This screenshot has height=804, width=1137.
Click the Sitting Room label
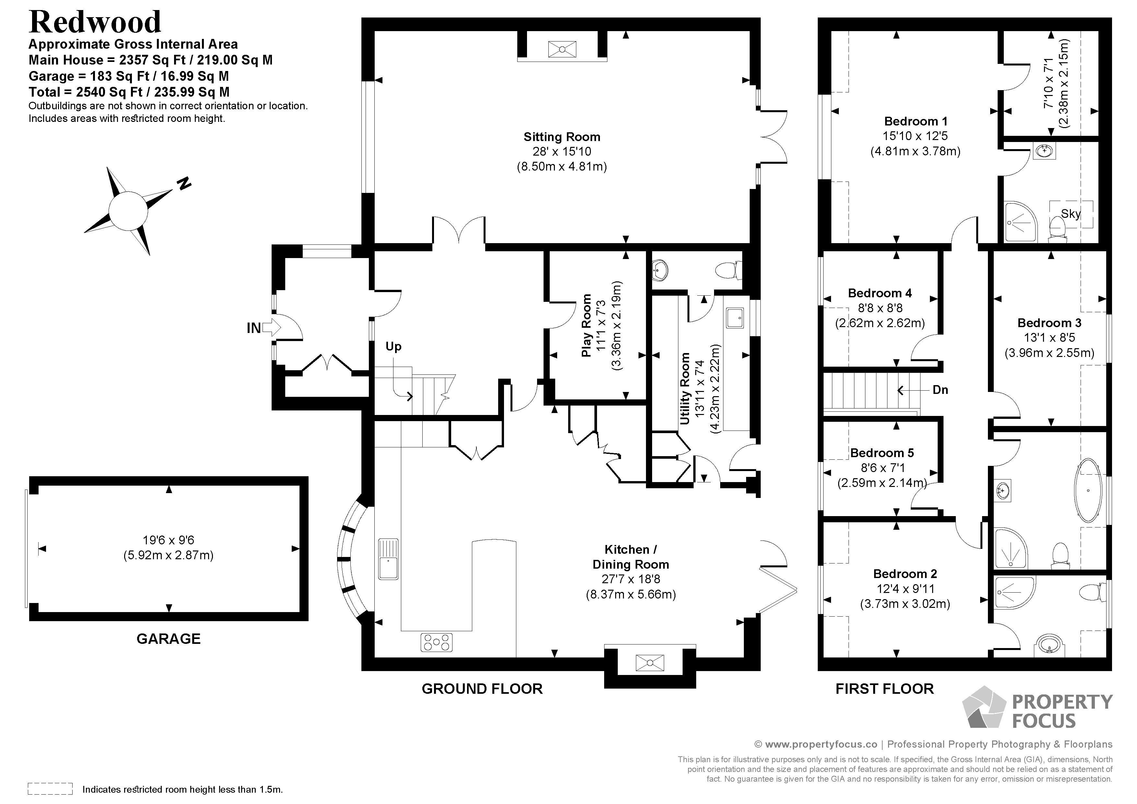(x=562, y=137)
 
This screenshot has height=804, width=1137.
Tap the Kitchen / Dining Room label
(x=631, y=557)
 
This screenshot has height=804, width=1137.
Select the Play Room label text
(x=586, y=325)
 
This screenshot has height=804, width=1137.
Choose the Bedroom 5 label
(x=882, y=453)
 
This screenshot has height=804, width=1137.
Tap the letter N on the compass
(x=184, y=183)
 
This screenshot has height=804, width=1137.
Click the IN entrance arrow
(x=271, y=327)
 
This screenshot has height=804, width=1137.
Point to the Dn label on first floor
(x=940, y=390)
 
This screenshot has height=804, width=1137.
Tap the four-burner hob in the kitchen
(x=436, y=643)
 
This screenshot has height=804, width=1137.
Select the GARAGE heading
(x=168, y=639)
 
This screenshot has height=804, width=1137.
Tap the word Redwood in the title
(x=95, y=22)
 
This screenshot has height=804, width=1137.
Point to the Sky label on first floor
(x=1071, y=214)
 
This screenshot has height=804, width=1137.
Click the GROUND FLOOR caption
(x=482, y=689)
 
